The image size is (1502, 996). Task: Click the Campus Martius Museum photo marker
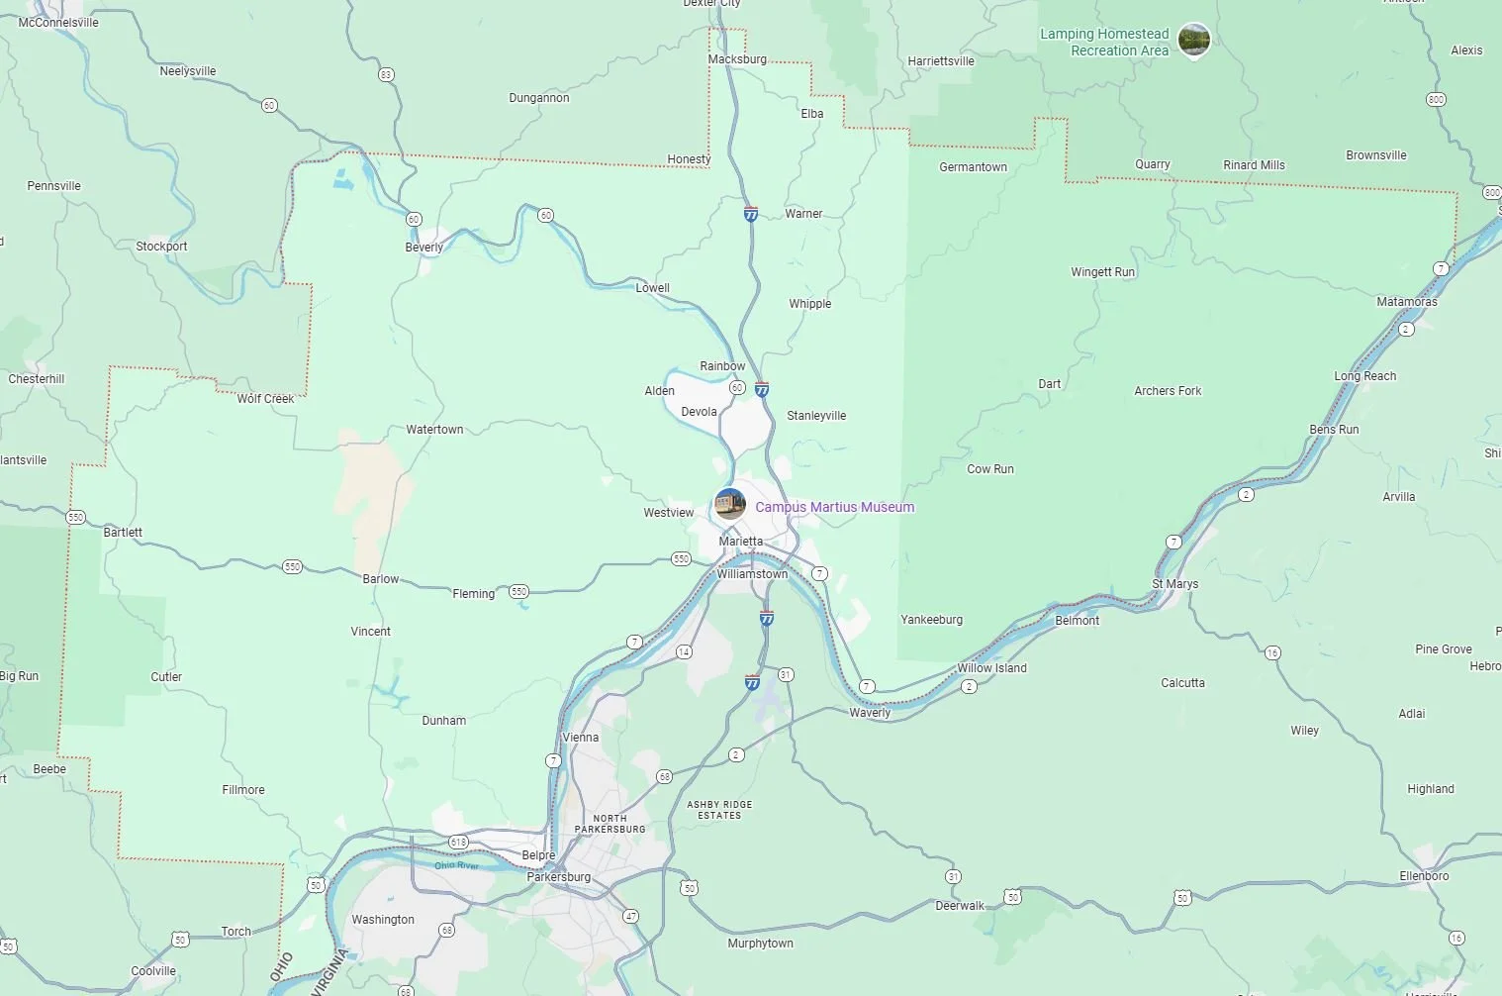[730, 504]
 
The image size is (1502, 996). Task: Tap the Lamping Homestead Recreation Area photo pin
[1194, 40]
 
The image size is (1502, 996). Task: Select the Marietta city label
[740, 542]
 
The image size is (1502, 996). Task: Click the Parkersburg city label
[558, 877]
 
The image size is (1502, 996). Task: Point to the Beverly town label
[423, 248]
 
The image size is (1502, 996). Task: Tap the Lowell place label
[652, 288]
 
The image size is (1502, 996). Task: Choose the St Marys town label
[1174, 584]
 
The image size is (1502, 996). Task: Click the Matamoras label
[1406, 302]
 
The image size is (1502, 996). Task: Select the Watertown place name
[434, 430]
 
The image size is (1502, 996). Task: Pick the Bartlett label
[123, 533]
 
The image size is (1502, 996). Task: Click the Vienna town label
[580, 738]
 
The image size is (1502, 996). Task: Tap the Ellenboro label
[1424, 876]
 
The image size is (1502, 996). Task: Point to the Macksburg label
[737, 59]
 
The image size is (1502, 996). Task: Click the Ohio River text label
[456, 865]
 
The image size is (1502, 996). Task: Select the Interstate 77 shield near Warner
[751, 214]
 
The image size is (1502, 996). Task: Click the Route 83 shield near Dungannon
[386, 75]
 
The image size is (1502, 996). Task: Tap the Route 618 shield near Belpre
[458, 843]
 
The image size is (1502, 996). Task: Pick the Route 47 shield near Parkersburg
[630, 916]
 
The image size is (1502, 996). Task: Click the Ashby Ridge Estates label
[719, 810]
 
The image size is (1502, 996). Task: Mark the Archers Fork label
[1168, 391]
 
